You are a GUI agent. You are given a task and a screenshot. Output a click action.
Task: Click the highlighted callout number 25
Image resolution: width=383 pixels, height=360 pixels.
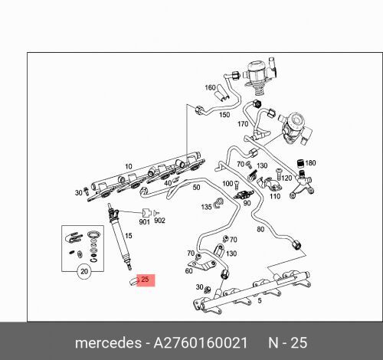[x=146, y=280]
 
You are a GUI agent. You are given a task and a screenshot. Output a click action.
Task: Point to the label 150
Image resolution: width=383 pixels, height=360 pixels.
[x=224, y=115]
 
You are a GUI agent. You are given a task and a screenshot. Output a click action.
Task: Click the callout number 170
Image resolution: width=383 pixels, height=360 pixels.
[x=243, y=123]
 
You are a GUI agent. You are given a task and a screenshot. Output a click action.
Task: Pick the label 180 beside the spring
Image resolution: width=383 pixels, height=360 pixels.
[x=310, y=163]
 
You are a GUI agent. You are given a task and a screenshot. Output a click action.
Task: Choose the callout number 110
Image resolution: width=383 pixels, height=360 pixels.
[x=275, y=196]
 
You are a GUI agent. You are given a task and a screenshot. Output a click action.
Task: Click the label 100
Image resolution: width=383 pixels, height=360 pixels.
[x=228, y=184]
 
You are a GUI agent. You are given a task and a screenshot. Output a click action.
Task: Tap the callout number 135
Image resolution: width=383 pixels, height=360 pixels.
[x=206, y=207]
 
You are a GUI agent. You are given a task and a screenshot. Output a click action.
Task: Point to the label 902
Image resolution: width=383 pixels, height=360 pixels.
[x=159, y=221]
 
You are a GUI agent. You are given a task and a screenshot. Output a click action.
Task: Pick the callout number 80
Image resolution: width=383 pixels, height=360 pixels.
[x=260, y=229]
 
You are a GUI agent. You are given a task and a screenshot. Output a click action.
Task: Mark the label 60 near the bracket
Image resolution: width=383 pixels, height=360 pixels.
[x=188, y=270]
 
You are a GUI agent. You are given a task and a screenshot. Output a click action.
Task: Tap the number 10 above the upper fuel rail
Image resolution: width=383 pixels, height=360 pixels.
[x=129, y=165]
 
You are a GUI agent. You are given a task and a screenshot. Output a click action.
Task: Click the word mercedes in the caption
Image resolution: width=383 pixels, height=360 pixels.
[x=110, y=342]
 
